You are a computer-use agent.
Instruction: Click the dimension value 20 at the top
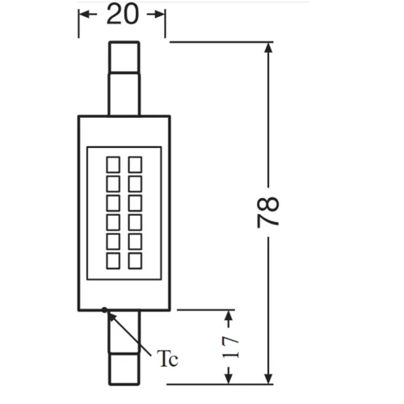pos(123,15)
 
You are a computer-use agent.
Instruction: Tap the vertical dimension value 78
pos(267,213)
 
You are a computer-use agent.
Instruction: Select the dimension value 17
pos(230,347)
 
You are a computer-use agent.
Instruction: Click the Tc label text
pos(167,359)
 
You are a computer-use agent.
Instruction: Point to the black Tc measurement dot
pos(104,309)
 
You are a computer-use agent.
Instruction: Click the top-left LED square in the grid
pos(113,165)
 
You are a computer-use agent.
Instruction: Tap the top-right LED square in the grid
pos(135,165)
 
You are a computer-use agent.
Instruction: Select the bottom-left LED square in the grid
pos(113,261)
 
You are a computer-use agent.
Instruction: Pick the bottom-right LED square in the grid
pos(135,261)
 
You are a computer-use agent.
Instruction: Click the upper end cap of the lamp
pos(124,57)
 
